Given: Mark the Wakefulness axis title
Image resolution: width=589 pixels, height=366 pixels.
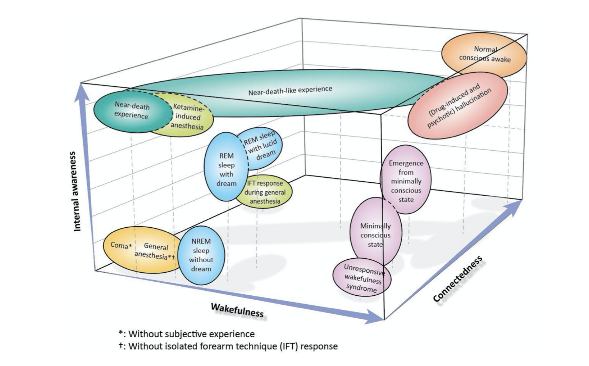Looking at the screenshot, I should (237, 310).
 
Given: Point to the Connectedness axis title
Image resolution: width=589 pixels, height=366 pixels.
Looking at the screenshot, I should (458, 279).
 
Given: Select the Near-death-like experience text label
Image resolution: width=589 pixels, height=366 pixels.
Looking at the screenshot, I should (290, 90).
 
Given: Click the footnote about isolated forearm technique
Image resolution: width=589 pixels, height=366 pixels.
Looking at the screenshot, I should (229, 347).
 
